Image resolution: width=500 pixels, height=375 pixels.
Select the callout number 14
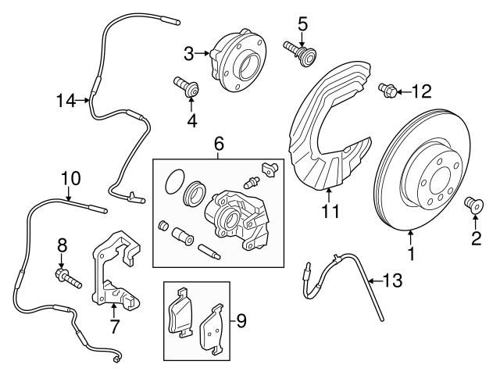pos(66,100)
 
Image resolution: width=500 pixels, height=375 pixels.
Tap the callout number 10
pos(70,178)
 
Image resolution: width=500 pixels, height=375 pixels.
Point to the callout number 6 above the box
pos(219,143)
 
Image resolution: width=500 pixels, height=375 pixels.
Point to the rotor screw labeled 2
pos(473,205)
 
